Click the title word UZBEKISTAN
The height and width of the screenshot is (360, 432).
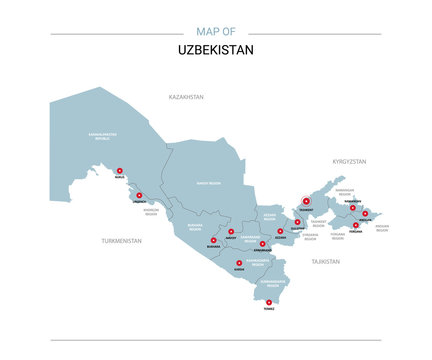point(215,48)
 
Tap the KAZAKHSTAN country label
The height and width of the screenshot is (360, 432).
point(186,97)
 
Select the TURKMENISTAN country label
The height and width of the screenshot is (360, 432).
point(122,241)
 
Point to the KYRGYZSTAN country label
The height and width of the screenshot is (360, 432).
point(350,161)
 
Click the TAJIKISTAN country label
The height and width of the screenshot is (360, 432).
point(326,261)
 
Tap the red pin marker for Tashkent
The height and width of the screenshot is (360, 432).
point(305,200)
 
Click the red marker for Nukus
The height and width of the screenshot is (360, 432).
point(119,170)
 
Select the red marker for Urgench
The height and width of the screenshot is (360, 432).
point(140,196)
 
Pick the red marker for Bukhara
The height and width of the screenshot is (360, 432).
point(213,239)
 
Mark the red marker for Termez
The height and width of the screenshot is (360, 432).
point(269,301)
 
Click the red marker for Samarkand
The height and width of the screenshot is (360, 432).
point(262,243)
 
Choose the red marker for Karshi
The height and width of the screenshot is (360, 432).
point(239,263)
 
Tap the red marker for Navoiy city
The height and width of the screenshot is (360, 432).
point(232,232)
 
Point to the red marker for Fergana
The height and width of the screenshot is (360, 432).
point(356,225)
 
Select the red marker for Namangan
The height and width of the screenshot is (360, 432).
point(352,208)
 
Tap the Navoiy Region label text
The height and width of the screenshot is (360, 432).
point(208,184)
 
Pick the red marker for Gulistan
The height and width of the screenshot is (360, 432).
point(298,222)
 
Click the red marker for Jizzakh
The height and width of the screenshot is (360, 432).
point(281,231)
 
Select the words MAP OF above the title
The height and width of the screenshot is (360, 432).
point(216,32)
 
